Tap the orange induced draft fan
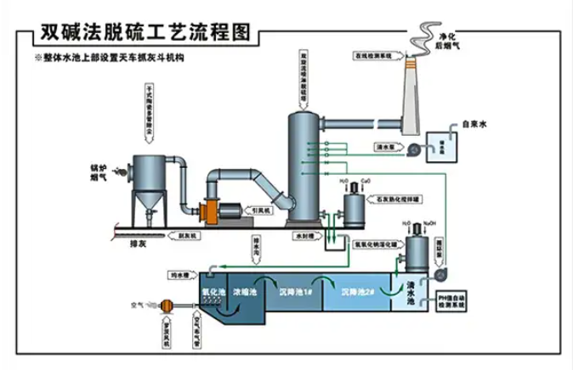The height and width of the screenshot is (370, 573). click(x=209, y=209)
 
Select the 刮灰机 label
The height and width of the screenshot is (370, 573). click(x=186, y=234)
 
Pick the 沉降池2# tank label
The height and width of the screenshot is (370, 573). click(x=357, y=292)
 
